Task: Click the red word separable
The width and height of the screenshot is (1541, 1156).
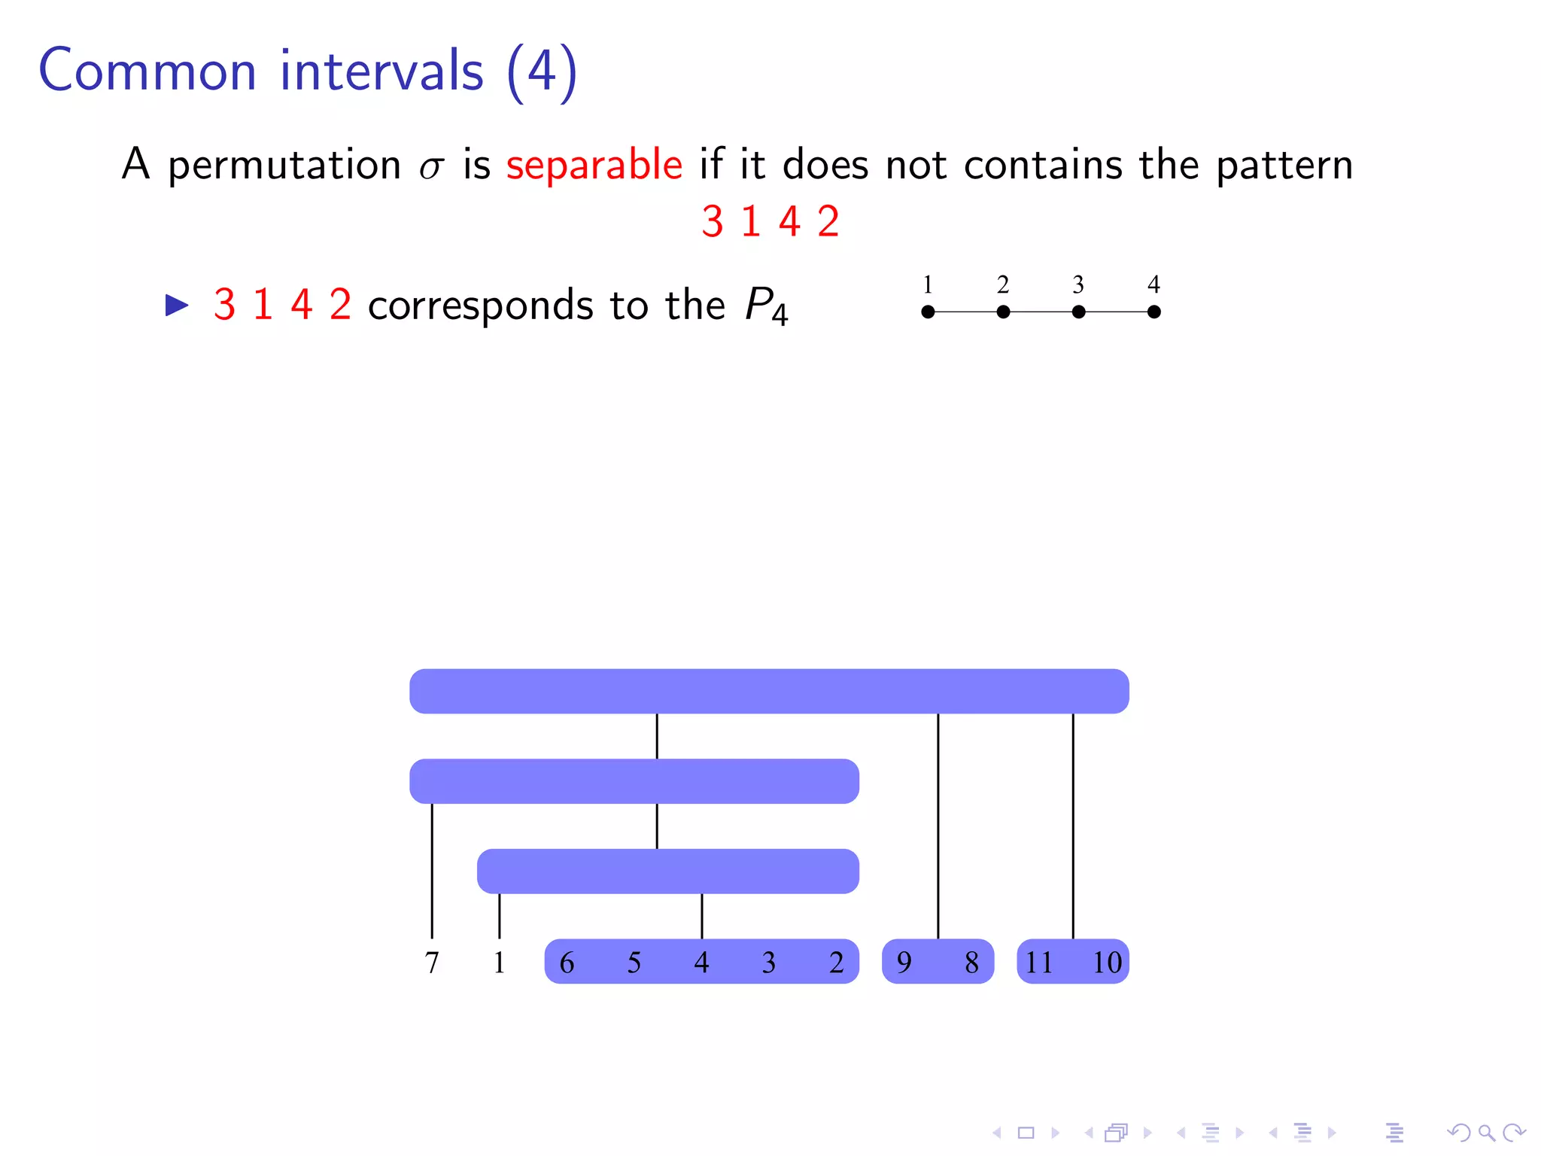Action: [x=594, y=165]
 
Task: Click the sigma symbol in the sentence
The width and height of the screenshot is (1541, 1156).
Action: [x=430, y=168]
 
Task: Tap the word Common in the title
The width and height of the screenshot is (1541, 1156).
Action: [x=147, y=71]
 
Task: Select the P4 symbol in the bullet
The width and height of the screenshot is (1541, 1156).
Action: [x=765, y=306]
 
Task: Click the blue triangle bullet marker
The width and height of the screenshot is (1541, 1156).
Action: [x=177, y=305]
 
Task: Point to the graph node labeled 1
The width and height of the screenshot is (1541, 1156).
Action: [x=928, y=312]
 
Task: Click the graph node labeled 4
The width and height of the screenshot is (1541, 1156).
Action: [x=1153, y=312]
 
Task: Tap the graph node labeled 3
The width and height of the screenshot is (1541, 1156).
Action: [x=1078, y=312]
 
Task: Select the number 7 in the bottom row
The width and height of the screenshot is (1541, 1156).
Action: [x=432, y=963]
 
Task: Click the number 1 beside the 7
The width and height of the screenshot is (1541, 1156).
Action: [x=499, y=963]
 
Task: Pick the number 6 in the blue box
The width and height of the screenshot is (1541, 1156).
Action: [x=567, y=963]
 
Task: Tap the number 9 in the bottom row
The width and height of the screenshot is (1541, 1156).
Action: [x=904, y=963]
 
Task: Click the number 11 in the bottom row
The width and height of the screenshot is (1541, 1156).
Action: [x=1038, y=963]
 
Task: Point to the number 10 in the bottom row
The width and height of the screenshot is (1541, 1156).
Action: [x=1107, y=963]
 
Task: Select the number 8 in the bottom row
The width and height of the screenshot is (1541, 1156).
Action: [x=971, y=963]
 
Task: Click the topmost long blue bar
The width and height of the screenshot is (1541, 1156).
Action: [x=769, y=691]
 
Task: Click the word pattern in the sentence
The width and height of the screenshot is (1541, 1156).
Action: [x=1284, y=166]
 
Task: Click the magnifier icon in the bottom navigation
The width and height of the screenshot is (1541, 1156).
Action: [x=1485, y=1133]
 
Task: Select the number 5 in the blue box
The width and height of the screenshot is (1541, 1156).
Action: [x=634, y=963]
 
